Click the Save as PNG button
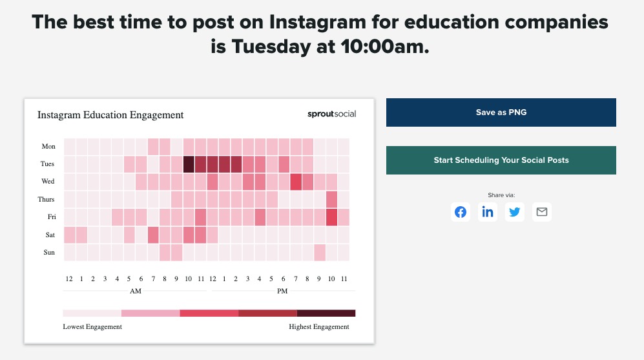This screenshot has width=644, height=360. coord(501,112)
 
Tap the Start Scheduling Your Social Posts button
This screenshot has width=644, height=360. coord(501,160)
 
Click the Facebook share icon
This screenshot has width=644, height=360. coord(461,212)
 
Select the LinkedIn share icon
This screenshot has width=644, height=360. coord(488,212)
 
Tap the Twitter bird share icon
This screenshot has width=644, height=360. coord(515,212)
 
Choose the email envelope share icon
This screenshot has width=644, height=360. coord(542,212)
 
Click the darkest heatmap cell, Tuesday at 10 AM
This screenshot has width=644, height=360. coord(189,164)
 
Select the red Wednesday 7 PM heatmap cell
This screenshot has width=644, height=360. coord(296,182)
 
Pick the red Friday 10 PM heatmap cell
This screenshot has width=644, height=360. coord(332,217)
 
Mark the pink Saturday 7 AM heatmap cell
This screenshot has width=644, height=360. coord(153,235)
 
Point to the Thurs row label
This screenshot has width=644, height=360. coord(47,200)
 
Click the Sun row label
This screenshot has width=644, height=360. coord(49,252)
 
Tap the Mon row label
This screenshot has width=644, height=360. coord(48,147)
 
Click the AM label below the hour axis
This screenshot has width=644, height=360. coord(136,291)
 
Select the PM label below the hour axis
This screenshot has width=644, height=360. coord(282,291)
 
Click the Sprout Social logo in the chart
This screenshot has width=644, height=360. coord(331,114)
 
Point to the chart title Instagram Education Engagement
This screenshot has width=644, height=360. coord(110,115)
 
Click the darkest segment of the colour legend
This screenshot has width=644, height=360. coord(326,313)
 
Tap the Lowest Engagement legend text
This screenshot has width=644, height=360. coord(92,327)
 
